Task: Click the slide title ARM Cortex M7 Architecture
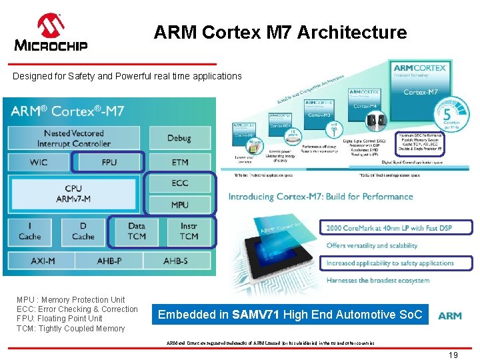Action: tap(280, 32)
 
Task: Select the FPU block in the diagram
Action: tap(109, 162)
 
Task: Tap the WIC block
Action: tap(39, 162)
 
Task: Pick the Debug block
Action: tap(179, 138)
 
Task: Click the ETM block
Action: tap(179, 162)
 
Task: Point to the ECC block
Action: tap(179, 183)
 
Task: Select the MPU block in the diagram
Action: tap(179, 205)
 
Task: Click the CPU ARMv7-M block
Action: tap(74, 193)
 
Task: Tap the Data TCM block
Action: tap(136, 231)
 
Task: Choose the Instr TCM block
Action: tap(189, 231)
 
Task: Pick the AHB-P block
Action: tap(109, 261)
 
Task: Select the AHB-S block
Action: tap(175, 261)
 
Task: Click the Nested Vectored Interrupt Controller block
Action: tap(75, 139)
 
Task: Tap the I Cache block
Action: tap(29, 231)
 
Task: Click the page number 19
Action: tap(453, 355)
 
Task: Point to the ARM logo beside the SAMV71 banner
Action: tap(450, 315)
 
